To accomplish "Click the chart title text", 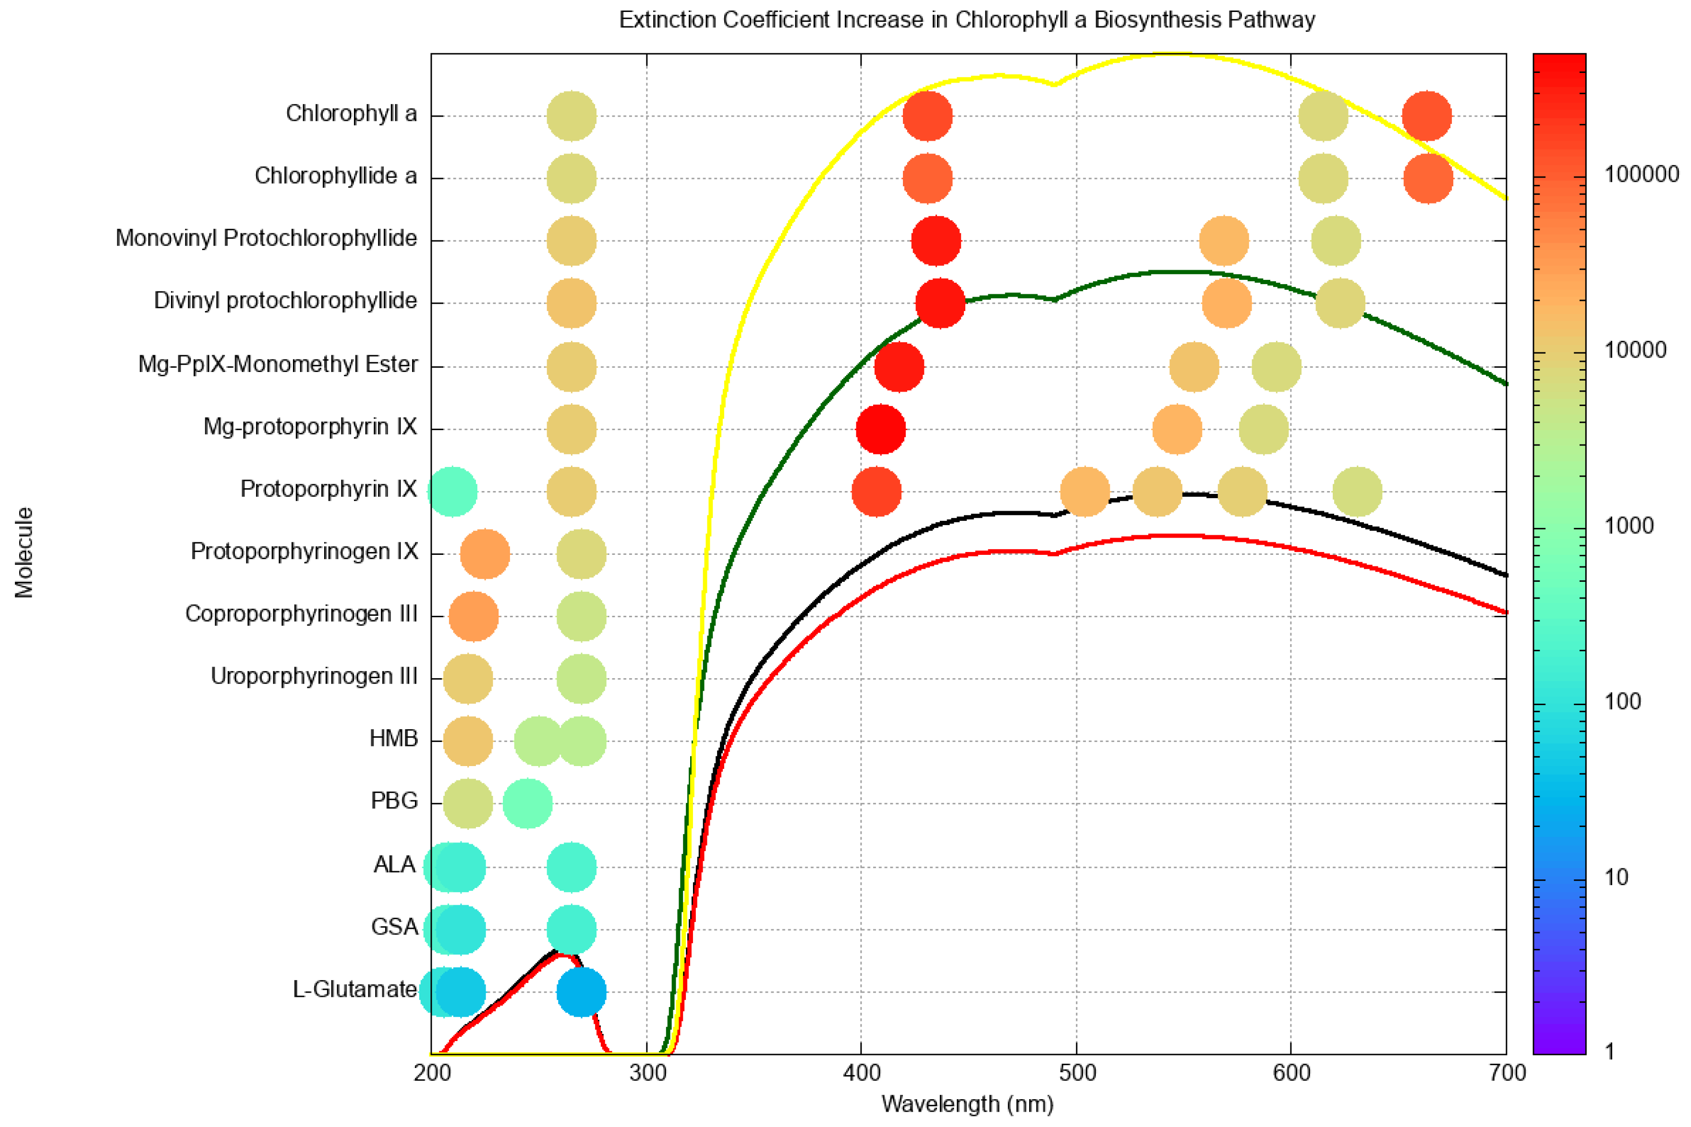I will (967, 19).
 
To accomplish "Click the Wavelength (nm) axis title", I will (967, 1103).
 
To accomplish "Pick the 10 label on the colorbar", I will (1616, 877).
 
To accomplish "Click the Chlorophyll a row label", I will (351, 114).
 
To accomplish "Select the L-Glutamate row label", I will (354, 990).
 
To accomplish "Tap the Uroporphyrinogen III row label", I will (314, 676).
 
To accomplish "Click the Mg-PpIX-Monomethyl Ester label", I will (278, 364).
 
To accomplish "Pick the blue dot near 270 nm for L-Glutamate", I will (581, 992).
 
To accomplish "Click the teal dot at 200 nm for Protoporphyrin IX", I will (452, 492).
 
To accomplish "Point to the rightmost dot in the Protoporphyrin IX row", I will (1357, 492).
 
